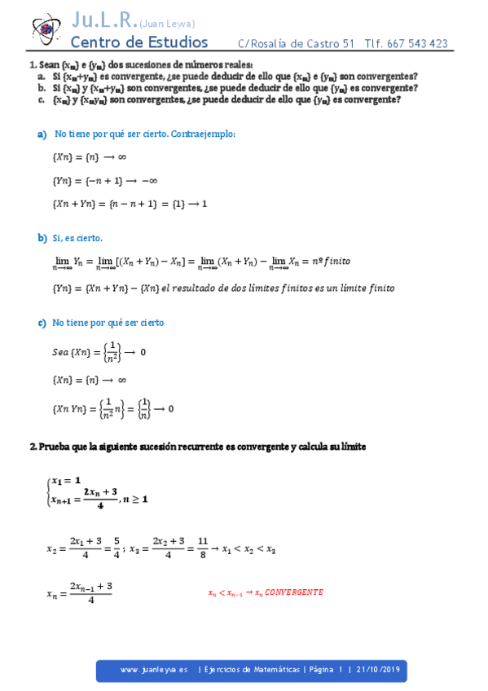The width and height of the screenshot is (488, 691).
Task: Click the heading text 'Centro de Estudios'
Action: point(139,42)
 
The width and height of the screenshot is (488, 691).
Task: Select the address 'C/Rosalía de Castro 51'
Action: point(297,44)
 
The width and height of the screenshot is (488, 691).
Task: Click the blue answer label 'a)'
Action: point(42,133)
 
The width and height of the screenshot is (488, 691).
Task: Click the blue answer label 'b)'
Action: point(42,238)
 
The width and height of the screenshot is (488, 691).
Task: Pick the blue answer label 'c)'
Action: point(42,323)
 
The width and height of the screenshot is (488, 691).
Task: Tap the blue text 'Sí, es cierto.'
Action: point(77,238)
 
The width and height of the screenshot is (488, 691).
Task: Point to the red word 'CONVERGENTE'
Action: point(295,592)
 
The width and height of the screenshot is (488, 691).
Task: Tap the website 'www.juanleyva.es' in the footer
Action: point(154,670)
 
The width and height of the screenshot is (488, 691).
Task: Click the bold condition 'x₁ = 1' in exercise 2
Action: point(67,481)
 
